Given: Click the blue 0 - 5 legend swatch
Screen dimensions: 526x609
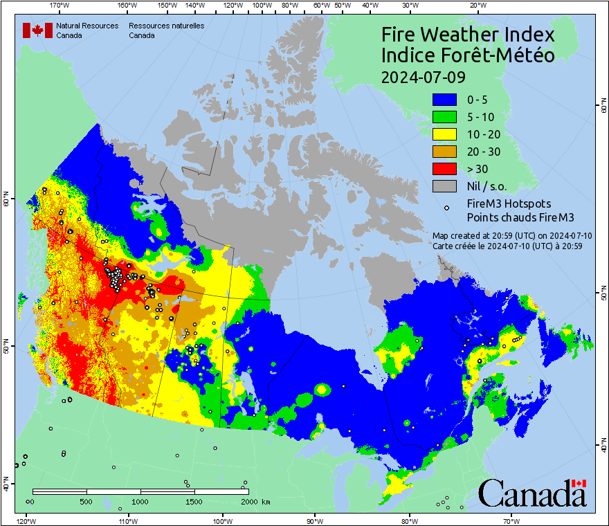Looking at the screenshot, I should (x=445, y=100).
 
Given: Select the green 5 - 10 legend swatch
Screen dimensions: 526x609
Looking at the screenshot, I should (x=445, y=118).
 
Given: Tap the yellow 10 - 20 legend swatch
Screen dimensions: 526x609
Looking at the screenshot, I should (x=445, y=134).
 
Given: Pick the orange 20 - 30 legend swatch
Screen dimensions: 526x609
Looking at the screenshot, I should (x=445, y=152).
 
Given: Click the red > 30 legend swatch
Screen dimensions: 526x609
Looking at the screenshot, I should (x=445, y=169).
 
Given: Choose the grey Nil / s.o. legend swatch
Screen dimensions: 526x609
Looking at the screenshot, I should (x=445, y=186).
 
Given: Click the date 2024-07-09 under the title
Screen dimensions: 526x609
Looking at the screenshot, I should (x=424, y=77).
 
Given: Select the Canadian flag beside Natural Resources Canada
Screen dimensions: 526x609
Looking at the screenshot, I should (x=37, y=30).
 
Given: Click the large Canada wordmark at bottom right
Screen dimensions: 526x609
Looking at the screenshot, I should (x=531, y=493).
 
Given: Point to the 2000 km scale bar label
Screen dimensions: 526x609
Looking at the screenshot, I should (x=253, y=501).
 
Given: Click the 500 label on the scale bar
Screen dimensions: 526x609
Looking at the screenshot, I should (x=86, y=501).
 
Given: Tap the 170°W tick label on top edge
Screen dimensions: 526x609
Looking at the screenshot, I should (x=60, y=6).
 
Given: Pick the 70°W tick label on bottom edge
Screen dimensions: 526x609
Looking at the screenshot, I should (x=511, y=520).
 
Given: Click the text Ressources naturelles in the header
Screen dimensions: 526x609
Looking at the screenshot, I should (x=166, y=26).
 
